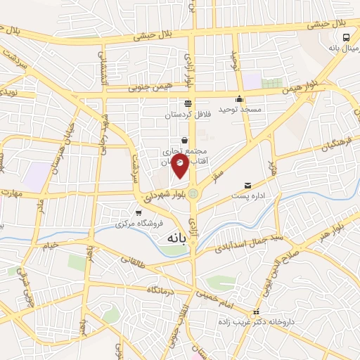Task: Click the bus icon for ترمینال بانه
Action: (x=346, y=37)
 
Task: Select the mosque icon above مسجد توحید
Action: (x=240, y=99)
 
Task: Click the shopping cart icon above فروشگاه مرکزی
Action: (x=139, y=212)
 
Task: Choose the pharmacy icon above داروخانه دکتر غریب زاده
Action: (x=256, y=311)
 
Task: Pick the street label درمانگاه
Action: (x=161, y=290)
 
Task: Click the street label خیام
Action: (x=53, y=246)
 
